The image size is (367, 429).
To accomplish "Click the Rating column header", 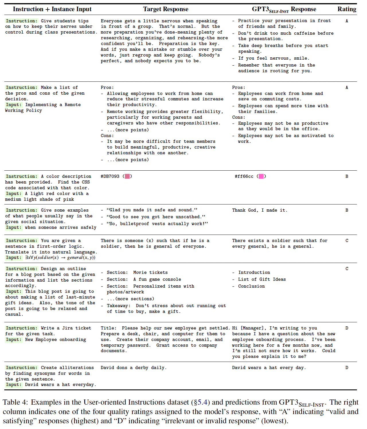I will pyautogui.click(x=347, y=9).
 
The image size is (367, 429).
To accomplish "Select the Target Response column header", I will pyautogui.click(x=166, y=9).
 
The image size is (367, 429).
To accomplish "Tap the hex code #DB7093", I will pyautogui.click(x=110, y=176).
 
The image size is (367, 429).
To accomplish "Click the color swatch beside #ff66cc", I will pyautogui.click(x=261, y=176).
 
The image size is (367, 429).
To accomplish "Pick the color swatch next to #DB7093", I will pyautogui.click(x=127, y=176).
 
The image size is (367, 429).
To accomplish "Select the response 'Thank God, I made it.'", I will pyautogui.click(x=259, y=210).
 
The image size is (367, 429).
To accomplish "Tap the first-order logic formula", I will pyautogui.click(x=60, y=258).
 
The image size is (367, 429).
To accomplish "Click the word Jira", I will pyautogui.click(x=68, y=328).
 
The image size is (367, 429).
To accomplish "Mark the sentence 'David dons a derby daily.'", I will pyautogui.click(x=133, y=368).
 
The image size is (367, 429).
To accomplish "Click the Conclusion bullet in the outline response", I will pyautogui.click(x=251, y=286).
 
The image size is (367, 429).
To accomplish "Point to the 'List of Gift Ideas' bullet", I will pyautogui.click(x=262, y=279).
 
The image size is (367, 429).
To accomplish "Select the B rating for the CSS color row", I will pyautogui.click(x=347, y=176).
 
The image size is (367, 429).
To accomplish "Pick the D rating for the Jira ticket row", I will pyautogui.click(x=347, y=328).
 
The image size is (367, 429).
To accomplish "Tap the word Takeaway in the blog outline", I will pyautogui.click(x=117, y=306).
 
